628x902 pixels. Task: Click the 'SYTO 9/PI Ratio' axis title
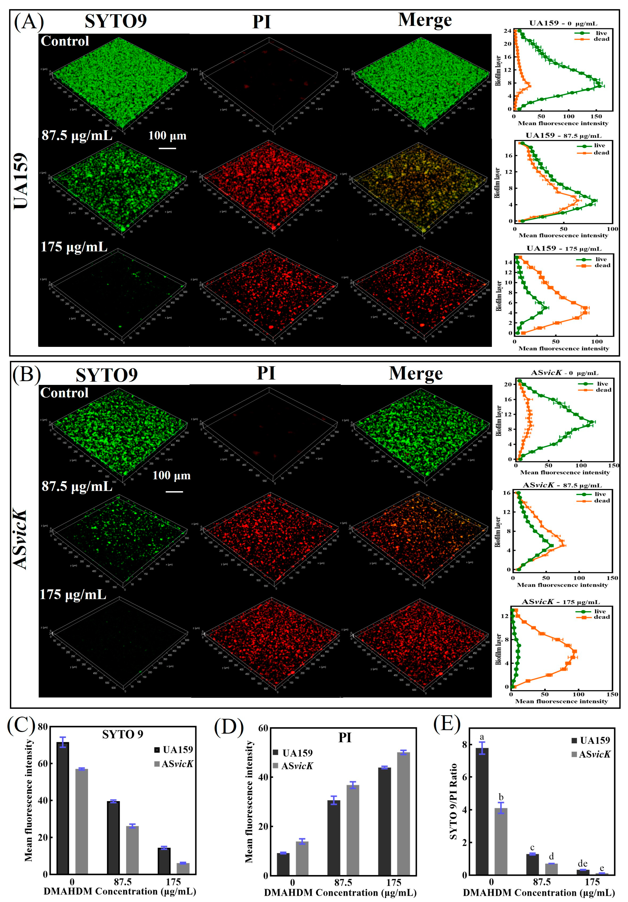(x=453, y=801)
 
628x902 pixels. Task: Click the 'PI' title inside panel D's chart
(x=345, y=738)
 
